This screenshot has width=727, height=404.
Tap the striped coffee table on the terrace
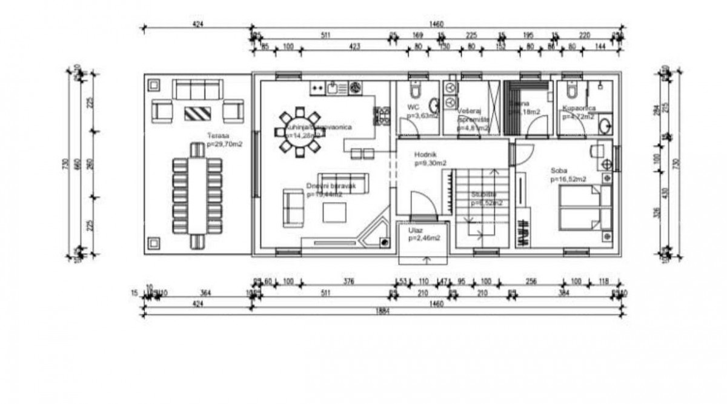[198, 112]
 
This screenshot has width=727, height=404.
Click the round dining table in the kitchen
[299, 132]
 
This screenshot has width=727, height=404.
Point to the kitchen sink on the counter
[333, 89]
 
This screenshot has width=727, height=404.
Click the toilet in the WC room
[415, 91]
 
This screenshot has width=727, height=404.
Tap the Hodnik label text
[426, 155]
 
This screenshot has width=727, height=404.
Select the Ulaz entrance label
[416, 231]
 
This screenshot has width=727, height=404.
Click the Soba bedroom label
[559, 170]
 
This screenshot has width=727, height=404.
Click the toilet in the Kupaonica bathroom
[571, 91]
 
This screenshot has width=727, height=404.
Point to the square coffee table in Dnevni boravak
[333, 212]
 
